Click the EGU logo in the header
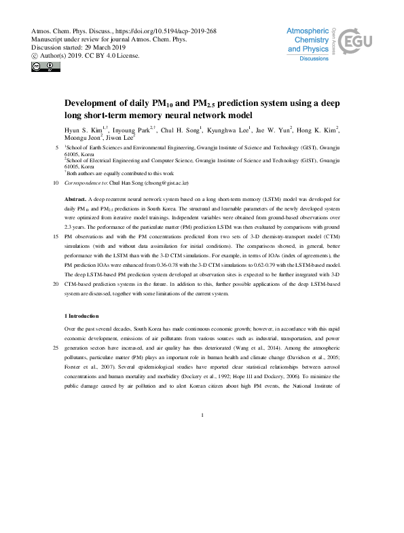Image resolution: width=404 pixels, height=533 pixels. (354, 43)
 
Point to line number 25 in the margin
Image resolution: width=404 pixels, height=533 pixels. (54, 348)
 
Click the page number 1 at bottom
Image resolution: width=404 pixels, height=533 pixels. (202, 414)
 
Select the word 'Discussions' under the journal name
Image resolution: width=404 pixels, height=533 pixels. (315, 59)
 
